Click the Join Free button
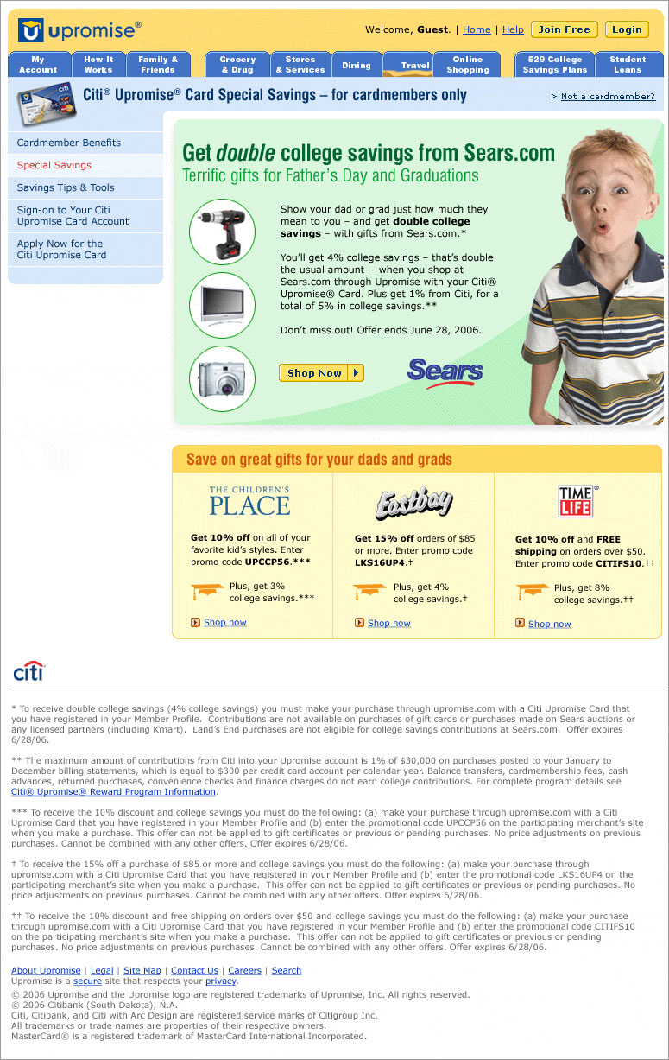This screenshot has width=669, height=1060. [x=564, y=29]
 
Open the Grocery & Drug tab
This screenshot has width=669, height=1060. [x=237, y=65]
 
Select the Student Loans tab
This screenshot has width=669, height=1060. [x=628, y=65]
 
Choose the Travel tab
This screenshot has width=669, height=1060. [x=415, y=65]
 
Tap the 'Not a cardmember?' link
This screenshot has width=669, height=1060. [x=608, y=97]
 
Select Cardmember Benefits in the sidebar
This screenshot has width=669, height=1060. [x=69, y=143]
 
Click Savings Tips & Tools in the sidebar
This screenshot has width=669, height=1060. [x=66, y=187]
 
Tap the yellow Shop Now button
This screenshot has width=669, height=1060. [x=321, y=373]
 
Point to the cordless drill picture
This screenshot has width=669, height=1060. [x=222, y=231]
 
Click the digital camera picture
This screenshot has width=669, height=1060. [x=222, y=378]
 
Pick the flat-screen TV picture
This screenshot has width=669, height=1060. [x=222, y=304]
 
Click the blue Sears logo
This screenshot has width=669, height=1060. [x=445, y=372]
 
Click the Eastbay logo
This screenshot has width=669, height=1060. [x=413, y=504]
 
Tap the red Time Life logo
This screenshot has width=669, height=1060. [x=576, y=501]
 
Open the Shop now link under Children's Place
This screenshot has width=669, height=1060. [x=224, y=622]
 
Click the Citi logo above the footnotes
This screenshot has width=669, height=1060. [x=28, y=671]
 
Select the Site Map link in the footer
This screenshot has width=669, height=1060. [x=142, y=971]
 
